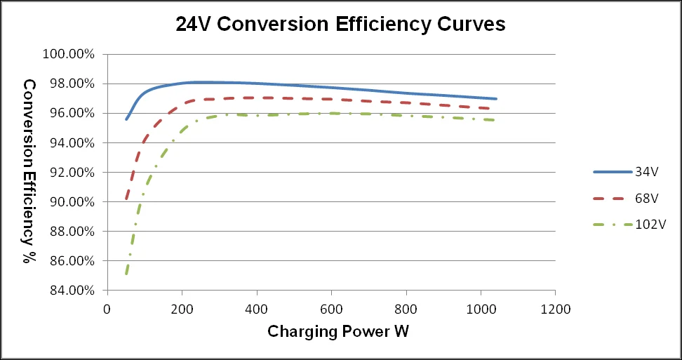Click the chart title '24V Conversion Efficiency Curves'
coord(340,25)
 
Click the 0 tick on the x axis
coord(107,308)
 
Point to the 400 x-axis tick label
coord(256,308)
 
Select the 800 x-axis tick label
coord(406,308)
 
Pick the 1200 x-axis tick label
coord(555,308)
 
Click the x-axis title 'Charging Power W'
coord(337,331)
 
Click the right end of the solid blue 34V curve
coord(496,99)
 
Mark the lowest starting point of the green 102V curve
coord(126,273)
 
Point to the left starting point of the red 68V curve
coord(126,199)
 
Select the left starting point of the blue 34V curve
coord(126,119)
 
